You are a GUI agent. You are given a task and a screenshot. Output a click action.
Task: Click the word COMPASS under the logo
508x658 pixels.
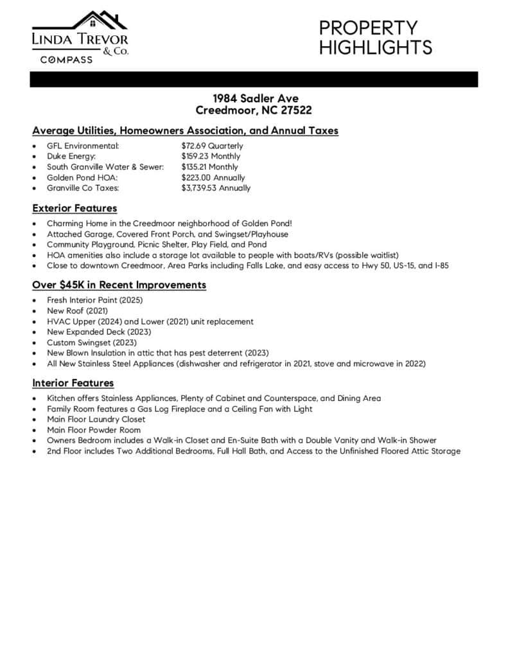coord(67,60)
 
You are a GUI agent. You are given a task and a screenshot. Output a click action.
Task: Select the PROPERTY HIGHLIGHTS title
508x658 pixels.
coord(375,37)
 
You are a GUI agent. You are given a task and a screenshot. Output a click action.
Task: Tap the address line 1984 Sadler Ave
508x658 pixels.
coord(255,98)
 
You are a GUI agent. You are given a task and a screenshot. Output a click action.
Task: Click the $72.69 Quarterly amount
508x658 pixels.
coord(212,146)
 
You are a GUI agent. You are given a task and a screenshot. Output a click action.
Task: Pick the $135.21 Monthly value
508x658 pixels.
coord(209,167)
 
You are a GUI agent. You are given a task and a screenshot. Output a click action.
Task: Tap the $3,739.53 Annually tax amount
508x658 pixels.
coord(216,188)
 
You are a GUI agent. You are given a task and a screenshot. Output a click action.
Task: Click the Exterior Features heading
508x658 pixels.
coord(74,208)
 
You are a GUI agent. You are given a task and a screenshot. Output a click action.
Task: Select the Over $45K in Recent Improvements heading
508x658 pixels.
coord(119,285)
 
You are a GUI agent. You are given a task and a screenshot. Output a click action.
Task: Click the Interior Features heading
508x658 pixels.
coord(73,383)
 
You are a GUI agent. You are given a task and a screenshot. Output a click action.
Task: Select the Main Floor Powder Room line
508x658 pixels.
coord(94,430)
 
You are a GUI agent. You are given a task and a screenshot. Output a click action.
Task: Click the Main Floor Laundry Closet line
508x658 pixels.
coord(96,420)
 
